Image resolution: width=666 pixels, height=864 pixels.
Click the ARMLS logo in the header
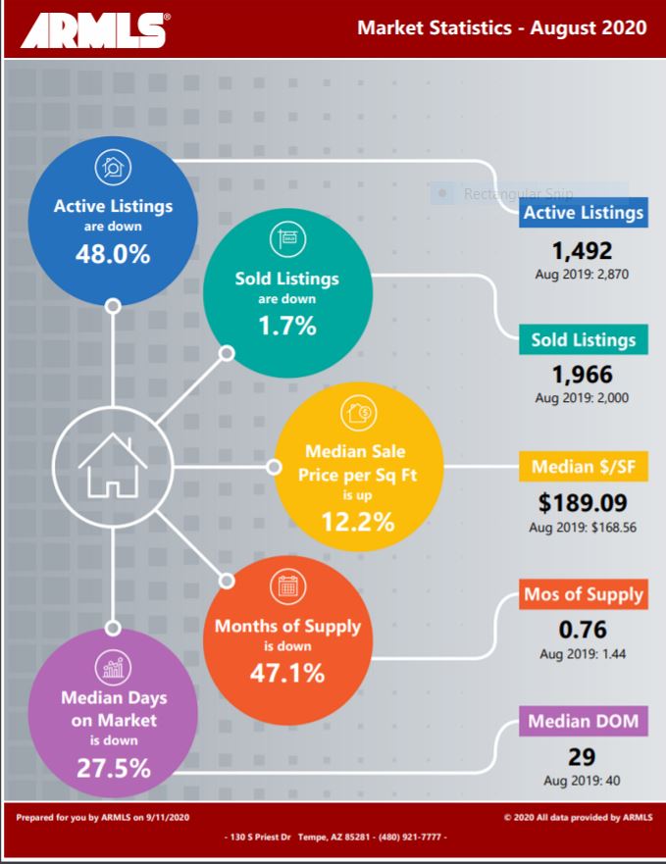(x=93, y=28)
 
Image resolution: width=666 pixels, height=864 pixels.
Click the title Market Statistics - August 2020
(x=501, y=27)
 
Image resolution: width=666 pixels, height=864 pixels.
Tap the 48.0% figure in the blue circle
(x=113, y=254)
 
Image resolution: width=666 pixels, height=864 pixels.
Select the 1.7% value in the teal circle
(x=286, y=327)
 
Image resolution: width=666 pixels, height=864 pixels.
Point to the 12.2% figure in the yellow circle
(x=358, y=522)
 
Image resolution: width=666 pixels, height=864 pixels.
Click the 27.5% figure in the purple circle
(x=114, y=768)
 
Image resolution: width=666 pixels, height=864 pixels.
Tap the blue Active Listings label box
(x=584, y=212)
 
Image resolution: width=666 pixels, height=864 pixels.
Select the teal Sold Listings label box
(x=584, y=340)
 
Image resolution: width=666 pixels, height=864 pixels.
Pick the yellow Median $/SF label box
(x=584, y=468)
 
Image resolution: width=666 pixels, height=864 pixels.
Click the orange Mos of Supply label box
(x=584, y=594)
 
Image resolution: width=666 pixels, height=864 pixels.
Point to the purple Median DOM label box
(x=584, y=723)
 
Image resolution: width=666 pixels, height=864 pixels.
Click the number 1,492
(x=582, y=249)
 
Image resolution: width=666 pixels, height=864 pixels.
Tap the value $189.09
(x=583, y=503)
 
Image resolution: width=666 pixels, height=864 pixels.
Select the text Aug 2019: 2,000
(x=582, y=397)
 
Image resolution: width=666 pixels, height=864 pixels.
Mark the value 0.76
(x=583, y=629)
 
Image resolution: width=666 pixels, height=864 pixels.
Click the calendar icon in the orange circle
(x=287, y=586)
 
